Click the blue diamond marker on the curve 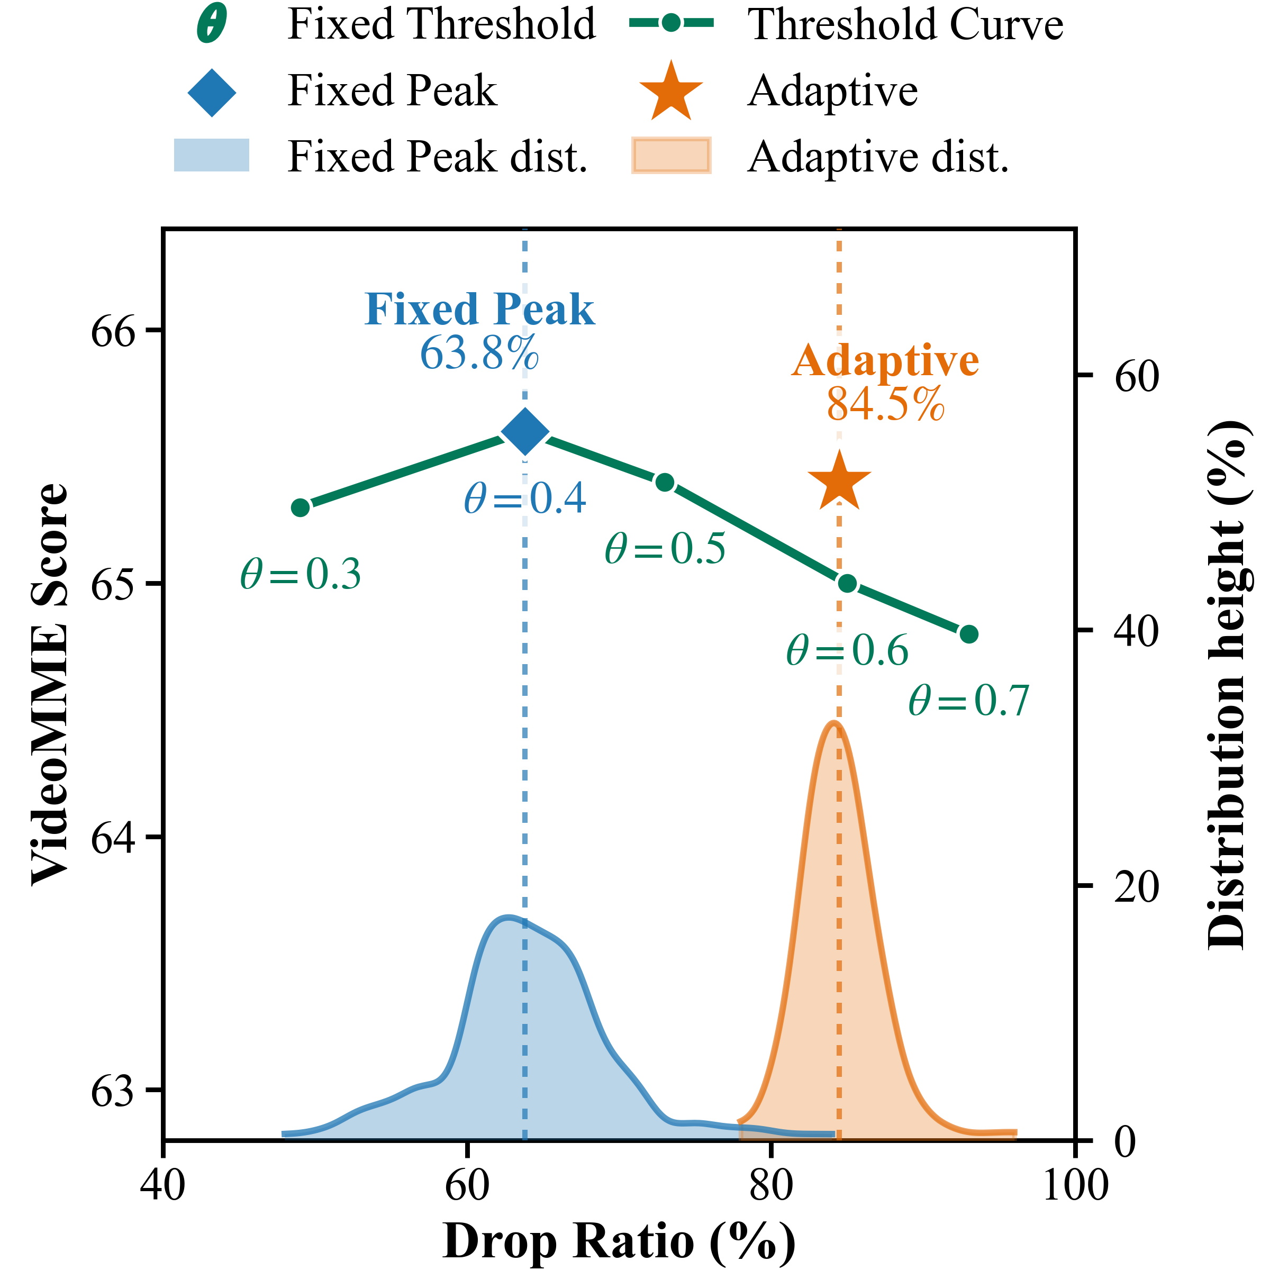524,431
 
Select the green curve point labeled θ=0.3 301,507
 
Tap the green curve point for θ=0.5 665,483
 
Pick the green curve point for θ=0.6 847,583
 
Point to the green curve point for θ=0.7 969,634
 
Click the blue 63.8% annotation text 479,353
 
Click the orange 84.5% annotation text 885,404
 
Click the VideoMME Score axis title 50,684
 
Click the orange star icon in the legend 670,92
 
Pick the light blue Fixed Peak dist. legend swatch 211,155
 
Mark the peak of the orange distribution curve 833,722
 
